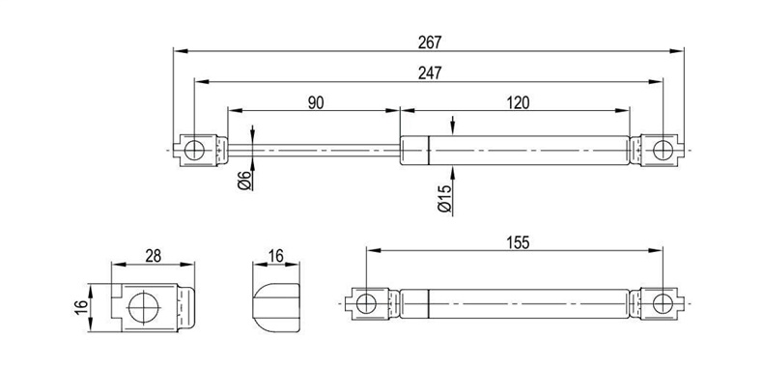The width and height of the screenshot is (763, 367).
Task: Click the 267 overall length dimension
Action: [430, 42]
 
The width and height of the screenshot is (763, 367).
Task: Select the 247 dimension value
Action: [430, 73]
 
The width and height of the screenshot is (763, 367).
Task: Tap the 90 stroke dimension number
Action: [315, 102]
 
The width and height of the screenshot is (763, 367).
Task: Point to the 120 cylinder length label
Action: [518, 102]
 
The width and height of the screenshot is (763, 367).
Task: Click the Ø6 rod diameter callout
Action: [244, 180]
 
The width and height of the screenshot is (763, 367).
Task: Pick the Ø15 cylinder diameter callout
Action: [444, 199]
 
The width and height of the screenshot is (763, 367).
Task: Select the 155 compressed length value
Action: [518, 242]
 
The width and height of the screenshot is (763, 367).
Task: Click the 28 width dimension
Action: [153, 256]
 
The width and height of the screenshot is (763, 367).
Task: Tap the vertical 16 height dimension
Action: [81, 308]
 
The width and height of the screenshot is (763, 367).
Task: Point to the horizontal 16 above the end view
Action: [276, 256]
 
